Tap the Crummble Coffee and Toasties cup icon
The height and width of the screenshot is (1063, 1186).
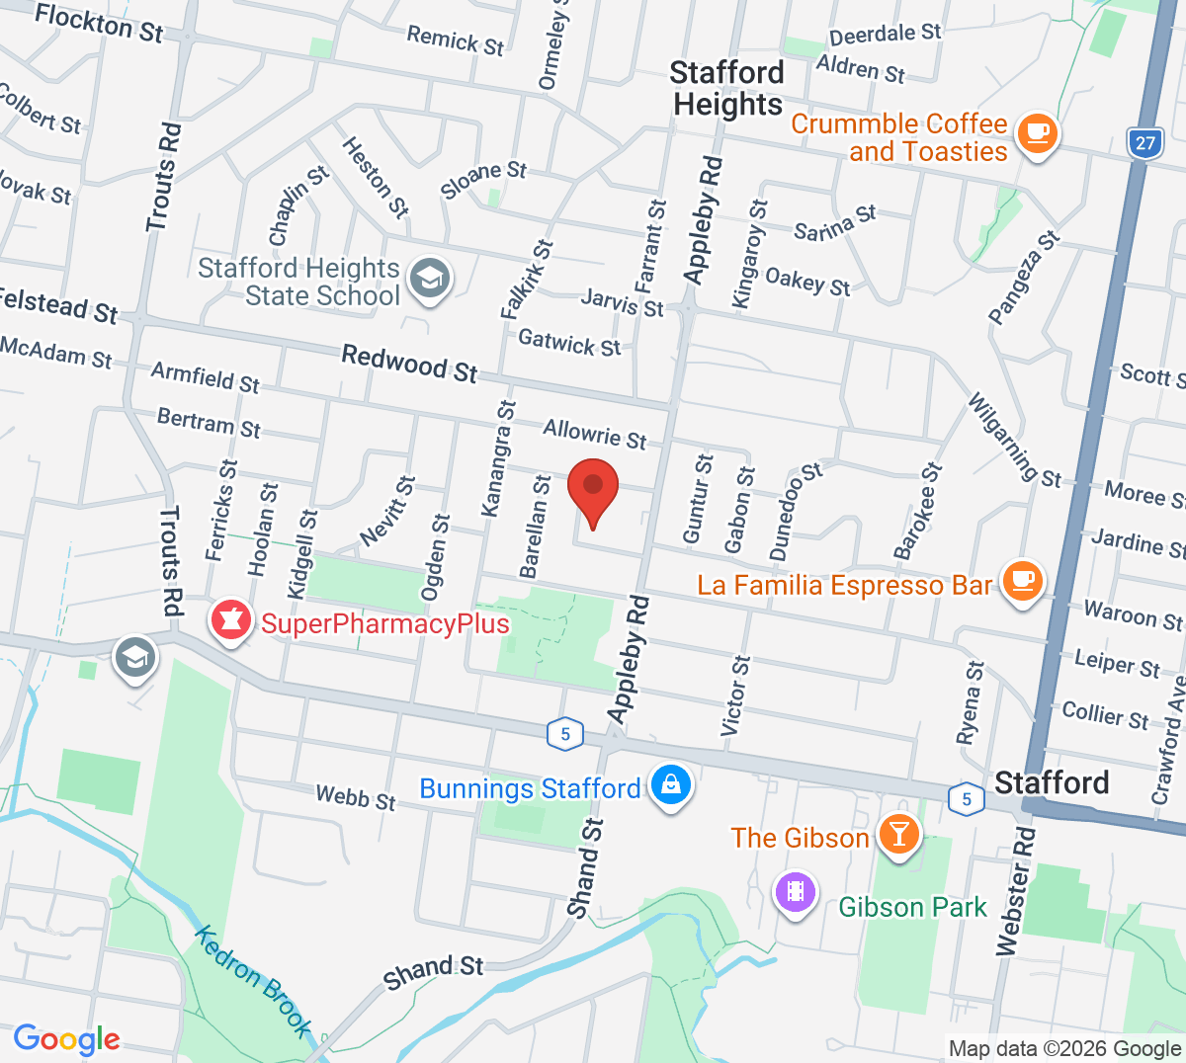[x=1037, y=133]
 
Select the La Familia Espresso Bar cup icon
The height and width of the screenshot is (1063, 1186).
[x=1023, y=581]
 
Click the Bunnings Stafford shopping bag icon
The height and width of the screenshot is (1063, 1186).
[x=671, y=786]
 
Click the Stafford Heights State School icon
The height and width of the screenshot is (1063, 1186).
[x=430, y=279]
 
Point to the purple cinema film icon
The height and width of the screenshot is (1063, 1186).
[x=796, y=893]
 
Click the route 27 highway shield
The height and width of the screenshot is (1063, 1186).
[x=1144, y=143]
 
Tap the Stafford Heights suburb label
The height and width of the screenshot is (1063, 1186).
[x=727, y=89]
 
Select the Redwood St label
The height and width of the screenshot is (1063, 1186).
[x=409, y=363]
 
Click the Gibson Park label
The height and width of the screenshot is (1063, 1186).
[x=912, y=907]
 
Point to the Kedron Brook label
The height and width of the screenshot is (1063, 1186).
[x=253, y=979]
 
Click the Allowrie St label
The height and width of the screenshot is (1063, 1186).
[x=594, y=434]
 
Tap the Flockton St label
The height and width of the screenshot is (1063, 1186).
[x=99, y=23]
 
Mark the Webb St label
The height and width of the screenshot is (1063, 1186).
[x=356, y=797]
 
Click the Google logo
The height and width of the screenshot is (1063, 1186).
[x=66, y=1039]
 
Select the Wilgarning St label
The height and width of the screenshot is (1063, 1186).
[x=1013, y=441]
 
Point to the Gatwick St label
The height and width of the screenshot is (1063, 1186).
[x=569, y=343]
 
